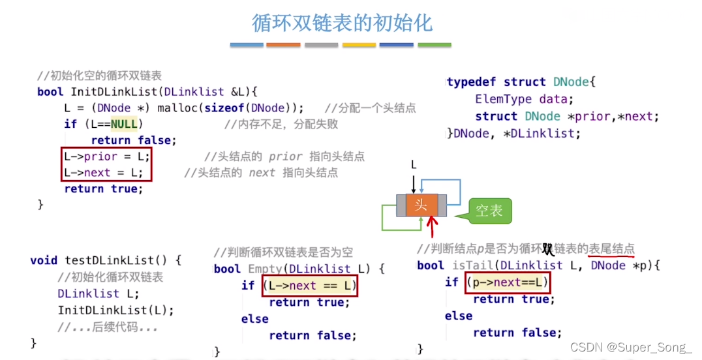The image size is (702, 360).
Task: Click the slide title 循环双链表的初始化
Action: [342, 23]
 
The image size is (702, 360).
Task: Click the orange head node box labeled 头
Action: [421, 205]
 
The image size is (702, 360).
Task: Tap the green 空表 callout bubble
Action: [489, 211]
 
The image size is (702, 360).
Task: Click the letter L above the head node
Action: [413, 166]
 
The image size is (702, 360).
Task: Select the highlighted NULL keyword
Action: [125, 124]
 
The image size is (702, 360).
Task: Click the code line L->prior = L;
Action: [106, 157]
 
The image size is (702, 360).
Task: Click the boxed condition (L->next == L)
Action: [310, 286]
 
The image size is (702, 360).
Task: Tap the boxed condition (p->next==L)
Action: [508, 282]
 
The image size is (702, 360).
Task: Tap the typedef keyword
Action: [473, 82]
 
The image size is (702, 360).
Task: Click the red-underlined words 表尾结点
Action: [611, 249]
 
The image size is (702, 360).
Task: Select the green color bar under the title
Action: [434, 45]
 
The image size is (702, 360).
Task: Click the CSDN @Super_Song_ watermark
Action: [630, 348]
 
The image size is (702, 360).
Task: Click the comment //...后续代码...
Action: [108, 327]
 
